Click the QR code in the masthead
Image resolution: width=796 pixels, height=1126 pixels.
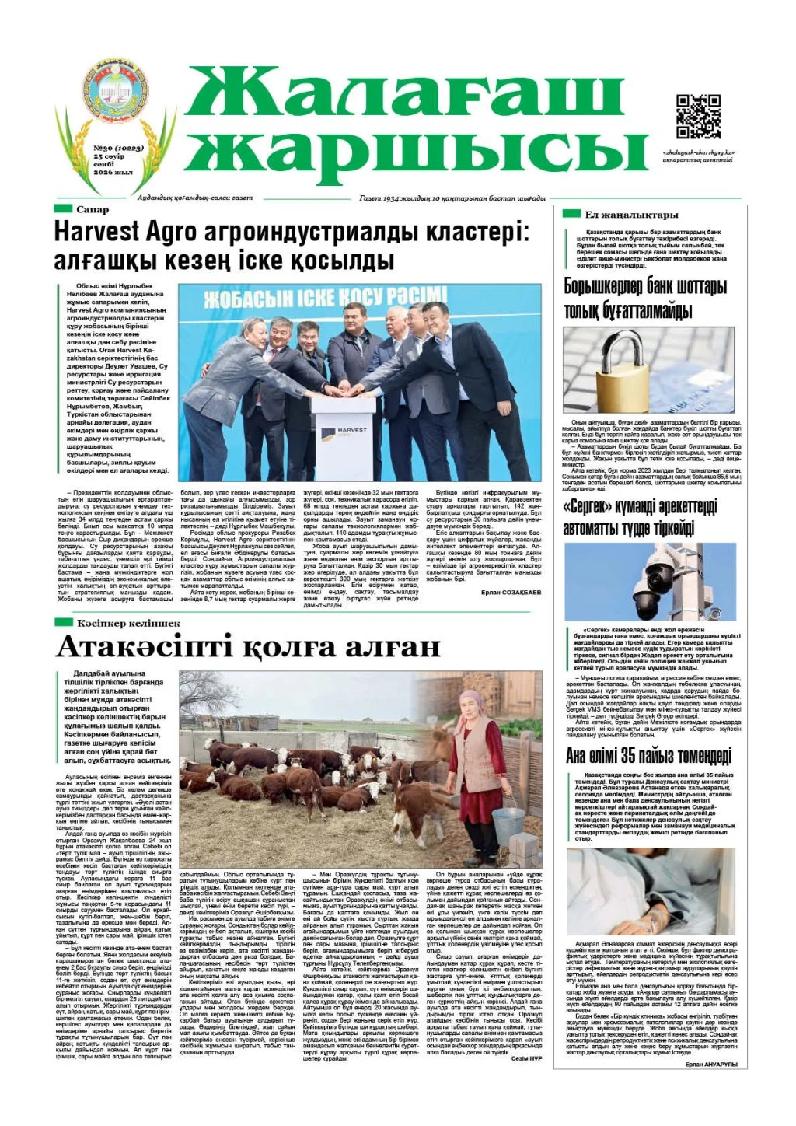(x=697, y=116)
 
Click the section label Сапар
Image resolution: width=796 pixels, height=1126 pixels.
(x=93, y=209)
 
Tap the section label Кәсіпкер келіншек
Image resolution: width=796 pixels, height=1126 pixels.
(x=127, y=623)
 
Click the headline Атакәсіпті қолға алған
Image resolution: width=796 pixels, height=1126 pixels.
(x=247, y=647)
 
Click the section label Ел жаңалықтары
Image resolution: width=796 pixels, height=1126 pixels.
(x=631, y=215)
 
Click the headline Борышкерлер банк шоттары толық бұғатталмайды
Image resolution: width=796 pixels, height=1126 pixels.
(x=645, y=299)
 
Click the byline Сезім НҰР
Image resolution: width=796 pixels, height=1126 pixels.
(x=526, y=1058)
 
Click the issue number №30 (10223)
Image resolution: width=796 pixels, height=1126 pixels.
(x=113, y=146)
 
